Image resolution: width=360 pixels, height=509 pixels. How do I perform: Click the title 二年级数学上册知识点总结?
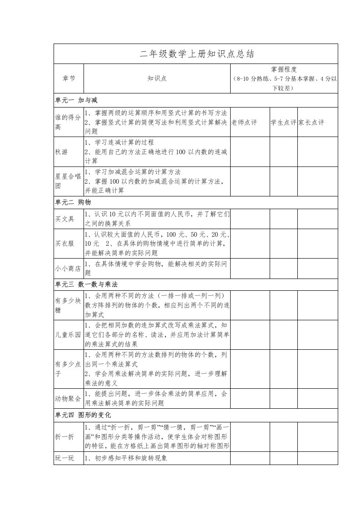(196, 54)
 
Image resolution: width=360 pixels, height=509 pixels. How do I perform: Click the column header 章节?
(69, 78)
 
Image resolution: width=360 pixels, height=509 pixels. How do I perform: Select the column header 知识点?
(157, 78)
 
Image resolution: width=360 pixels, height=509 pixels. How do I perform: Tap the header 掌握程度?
(284, 69)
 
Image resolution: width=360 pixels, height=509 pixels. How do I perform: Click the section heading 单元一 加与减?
(76, 100)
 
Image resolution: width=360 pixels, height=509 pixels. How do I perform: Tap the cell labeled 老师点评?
(244, 122)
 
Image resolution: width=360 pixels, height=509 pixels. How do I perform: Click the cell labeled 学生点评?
(284, 122)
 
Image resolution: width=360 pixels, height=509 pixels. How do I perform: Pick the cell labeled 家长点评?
(311, 122)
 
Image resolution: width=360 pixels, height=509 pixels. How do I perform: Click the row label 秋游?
(62, 152)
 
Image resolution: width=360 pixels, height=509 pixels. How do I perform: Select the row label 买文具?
(64, 219)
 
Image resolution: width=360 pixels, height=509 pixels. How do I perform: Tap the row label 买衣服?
(64, 244)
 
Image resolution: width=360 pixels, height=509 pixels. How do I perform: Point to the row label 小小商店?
(68, 268)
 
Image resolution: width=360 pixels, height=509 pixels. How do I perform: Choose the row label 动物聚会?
(68, 399)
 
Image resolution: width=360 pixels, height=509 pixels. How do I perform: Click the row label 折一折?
(64, 437)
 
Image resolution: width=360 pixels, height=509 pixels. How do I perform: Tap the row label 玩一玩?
(64, 458)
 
